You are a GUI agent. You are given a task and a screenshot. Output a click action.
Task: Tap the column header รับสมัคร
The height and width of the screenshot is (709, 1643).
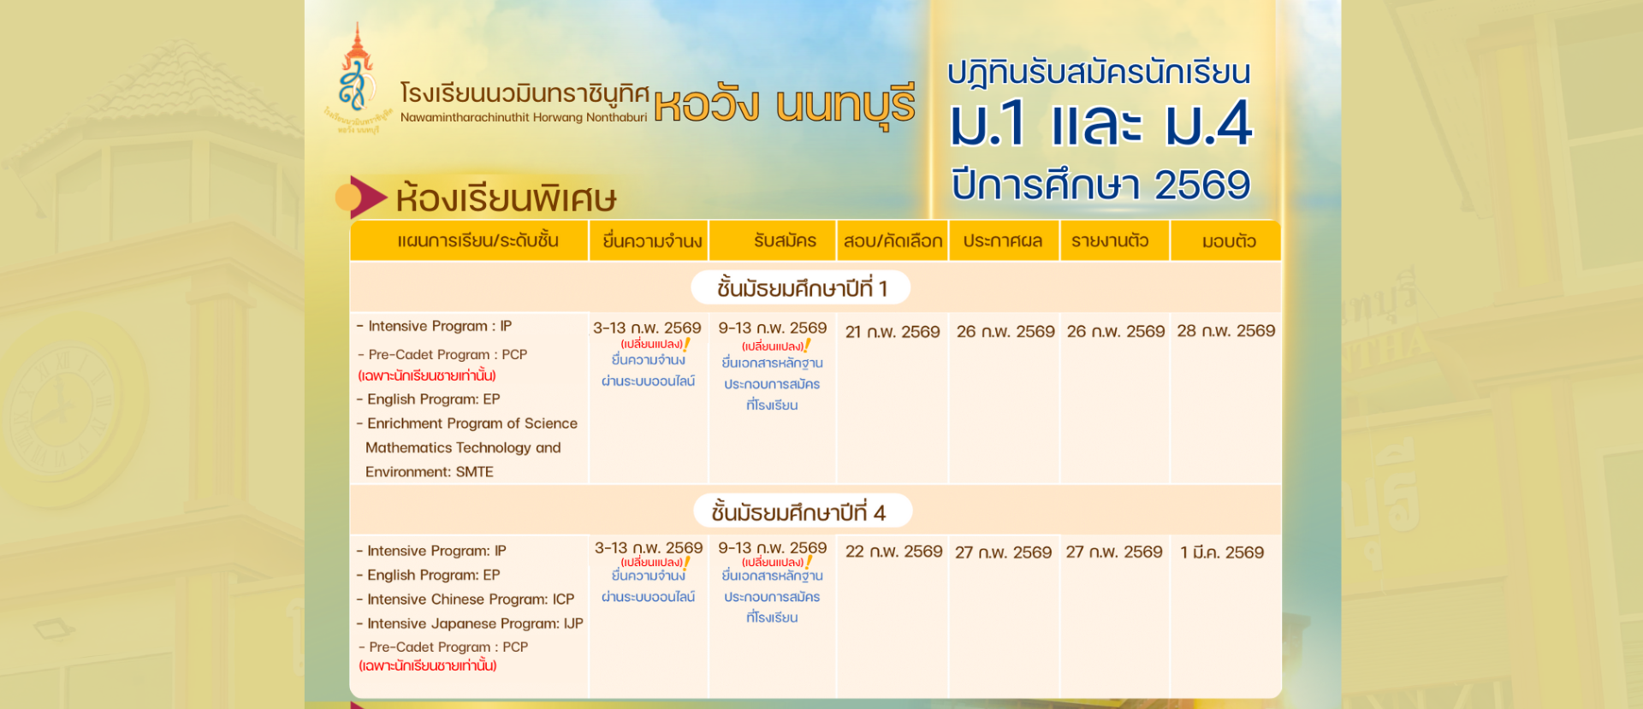[785, 241]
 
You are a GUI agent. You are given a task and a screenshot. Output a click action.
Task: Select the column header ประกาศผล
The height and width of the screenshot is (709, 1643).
[1003, 241]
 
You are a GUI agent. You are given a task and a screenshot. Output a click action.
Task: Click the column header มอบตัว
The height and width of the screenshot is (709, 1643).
[1229, 241]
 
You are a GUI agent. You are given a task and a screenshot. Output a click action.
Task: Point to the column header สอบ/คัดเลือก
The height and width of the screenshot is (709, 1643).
[893, 241]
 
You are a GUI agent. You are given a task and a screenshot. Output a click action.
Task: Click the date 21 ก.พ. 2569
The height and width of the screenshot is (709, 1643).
[893, 332]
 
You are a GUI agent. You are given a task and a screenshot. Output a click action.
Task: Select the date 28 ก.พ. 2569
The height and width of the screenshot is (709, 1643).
[1225, 331]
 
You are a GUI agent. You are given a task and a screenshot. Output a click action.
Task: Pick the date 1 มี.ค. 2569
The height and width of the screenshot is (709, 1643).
[1222, 552]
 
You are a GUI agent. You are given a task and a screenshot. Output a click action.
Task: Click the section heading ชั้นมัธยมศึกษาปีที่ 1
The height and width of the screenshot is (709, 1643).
[802, 288]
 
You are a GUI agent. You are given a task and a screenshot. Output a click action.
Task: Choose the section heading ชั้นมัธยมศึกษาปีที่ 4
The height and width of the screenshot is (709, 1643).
[798, 512]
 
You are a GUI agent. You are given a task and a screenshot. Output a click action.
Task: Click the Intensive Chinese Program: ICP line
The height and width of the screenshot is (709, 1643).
[466, 600]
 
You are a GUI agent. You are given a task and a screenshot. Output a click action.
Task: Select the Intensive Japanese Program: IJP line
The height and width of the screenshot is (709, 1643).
[470, 623]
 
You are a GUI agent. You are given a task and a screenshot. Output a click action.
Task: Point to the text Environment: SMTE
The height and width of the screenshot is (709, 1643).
[430, 472]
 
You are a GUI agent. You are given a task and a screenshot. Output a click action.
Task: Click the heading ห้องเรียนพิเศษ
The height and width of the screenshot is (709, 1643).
[506, 198]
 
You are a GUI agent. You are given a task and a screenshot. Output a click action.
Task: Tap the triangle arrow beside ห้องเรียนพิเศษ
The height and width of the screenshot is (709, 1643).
[367, 197]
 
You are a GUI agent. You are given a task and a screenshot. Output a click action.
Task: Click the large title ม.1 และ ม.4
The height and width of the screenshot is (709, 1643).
[1100, 125]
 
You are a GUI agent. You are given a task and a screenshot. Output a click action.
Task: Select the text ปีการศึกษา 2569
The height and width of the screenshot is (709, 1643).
[1100, 185]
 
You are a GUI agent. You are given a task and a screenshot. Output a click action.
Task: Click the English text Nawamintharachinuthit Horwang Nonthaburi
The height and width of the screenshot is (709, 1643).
[524, 117]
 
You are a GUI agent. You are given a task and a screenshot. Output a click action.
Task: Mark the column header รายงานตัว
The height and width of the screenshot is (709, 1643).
[1110, 241]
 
